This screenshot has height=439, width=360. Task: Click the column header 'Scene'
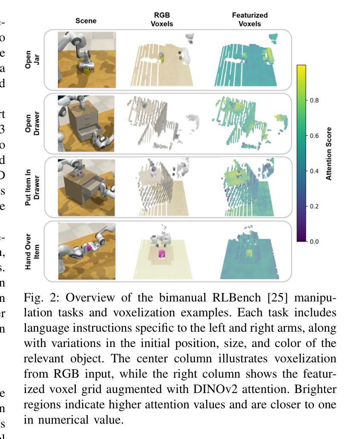pos(86,20)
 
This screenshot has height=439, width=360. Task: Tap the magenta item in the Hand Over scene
pos(90,247)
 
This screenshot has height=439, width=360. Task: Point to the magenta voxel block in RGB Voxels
pos(162,254)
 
